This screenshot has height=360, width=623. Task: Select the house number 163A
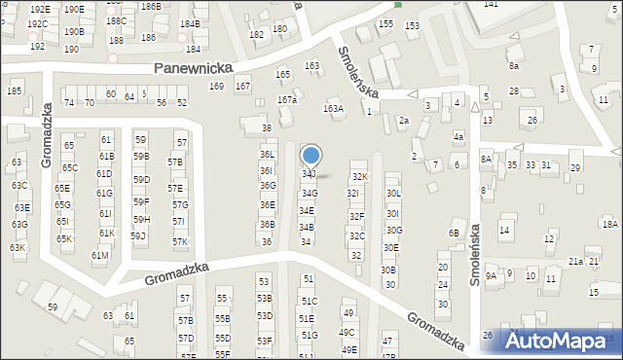click(x=334, y=109)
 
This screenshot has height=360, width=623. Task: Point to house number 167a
click(x=286, y=100)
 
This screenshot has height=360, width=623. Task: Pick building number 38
click(x=267, y=128)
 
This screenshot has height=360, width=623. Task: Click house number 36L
click(x=267, y=155)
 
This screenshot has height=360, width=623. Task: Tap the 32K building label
click(x=360, y=176)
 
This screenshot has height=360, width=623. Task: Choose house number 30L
click(x=392, y=194)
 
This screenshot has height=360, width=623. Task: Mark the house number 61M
click(x=99, y=256)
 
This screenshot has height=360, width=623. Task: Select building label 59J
click(x=138, y=235)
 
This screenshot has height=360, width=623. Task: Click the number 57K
click(x=180, y=242)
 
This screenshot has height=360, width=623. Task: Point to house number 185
click(x=15, y=91)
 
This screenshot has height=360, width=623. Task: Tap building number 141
click(x=491, y=5)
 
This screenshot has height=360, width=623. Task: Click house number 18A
click(x=609, y=224)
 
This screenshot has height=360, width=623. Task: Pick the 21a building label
click(x=575, y=262)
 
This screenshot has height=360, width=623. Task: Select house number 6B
click(x=453, y=234)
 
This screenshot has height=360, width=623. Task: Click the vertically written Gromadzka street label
click(x=46, y=139)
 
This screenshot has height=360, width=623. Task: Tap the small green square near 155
click(x=398, y=5)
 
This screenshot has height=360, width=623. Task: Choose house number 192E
click(x=39, y=10)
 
